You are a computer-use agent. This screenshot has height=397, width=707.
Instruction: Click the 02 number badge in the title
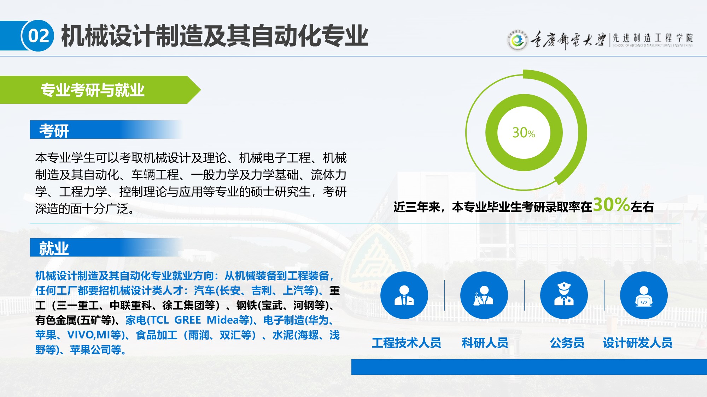[x=38, y=36]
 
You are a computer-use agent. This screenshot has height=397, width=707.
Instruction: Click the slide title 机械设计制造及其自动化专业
[x=215, y=36]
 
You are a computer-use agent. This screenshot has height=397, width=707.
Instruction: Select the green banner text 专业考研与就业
[x=93, y=90]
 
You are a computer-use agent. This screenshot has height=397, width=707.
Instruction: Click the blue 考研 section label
[x=54, y=131]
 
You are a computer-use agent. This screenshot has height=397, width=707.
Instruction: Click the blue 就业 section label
[x=54, y=248]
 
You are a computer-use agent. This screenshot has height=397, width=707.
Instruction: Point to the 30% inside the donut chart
[x=524, y=133]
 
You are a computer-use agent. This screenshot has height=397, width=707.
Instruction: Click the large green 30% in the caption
[x=611, y=204]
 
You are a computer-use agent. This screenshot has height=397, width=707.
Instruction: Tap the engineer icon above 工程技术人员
[x=404, y=295]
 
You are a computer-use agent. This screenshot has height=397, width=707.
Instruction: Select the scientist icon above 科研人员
[x=484, y=295]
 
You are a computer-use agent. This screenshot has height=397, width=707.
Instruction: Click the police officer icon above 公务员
[x=564, y=295]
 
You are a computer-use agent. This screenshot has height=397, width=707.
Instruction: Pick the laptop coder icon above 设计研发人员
[x=644, y=295]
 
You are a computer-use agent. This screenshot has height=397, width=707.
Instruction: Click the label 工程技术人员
[x=407, y=343]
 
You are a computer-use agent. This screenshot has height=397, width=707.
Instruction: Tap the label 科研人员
[x=485, y=343]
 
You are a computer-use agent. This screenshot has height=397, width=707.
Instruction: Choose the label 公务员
[x=567, y=343]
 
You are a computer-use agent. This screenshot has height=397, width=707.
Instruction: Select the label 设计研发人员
[x=638, y=343]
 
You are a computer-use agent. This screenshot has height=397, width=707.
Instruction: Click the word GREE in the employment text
[x=187, y=320]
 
